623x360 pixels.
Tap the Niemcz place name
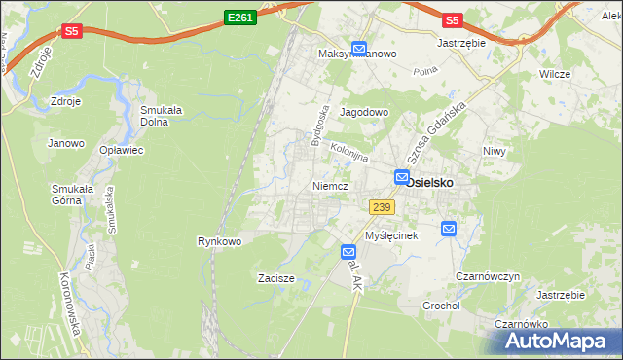(x=330, y=185)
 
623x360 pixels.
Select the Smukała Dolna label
(x=164, y=117)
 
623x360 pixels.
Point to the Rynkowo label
(x=219, y=240)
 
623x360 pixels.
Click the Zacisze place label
(x=275, y=278)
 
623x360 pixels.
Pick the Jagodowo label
(x=364, y=113)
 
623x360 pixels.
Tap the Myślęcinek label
(x=391, y=236)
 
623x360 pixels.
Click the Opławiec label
(x=122, y=150)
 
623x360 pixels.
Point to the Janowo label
(x=66, y=143)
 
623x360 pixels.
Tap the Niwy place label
(x=496, y=151)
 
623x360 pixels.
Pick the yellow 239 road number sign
(x=382, y=207)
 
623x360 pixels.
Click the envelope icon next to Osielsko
(x=402, y=176)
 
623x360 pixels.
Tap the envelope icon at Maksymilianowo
(x=359, y=48)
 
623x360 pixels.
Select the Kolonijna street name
(x=348, y=153)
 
